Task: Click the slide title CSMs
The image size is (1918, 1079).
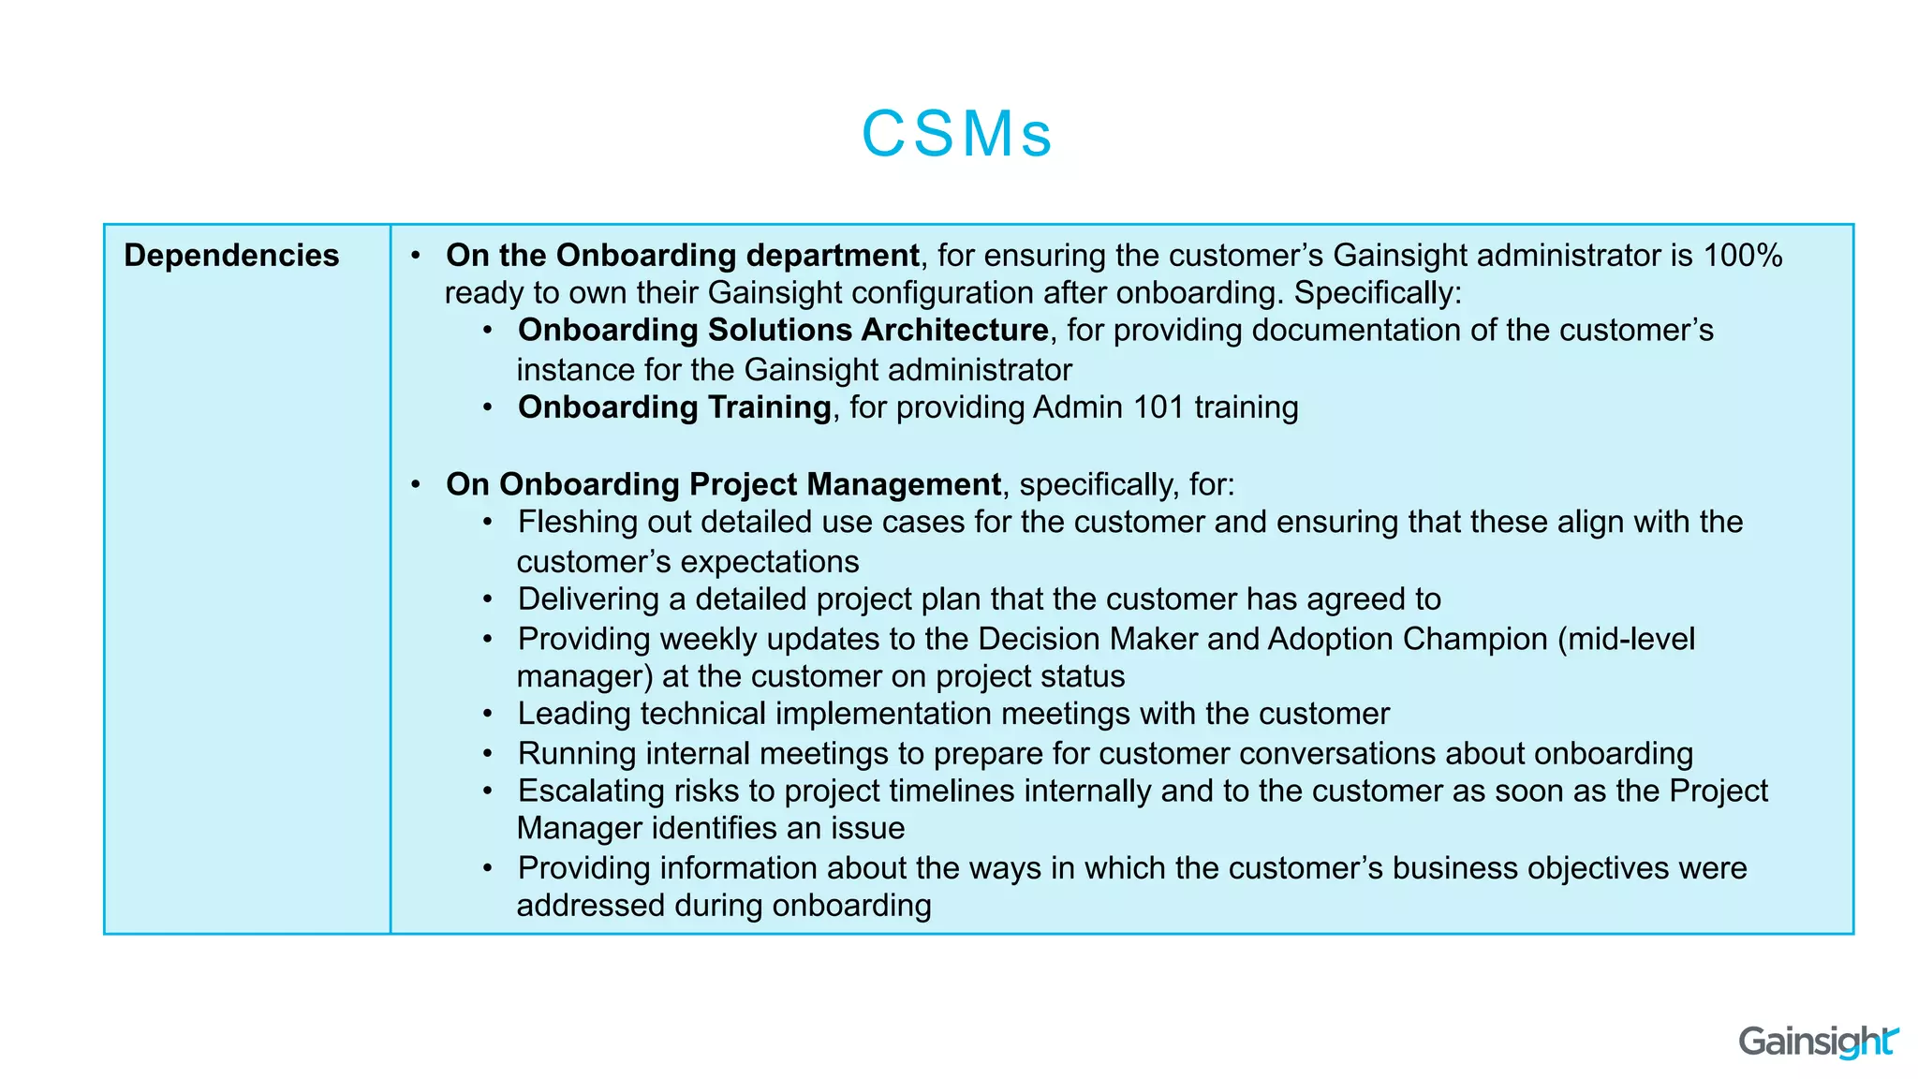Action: [x=957, y=134]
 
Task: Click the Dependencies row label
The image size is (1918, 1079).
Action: [x=231, y=256]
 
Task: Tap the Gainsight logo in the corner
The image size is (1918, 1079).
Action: [x=1818, y=1042]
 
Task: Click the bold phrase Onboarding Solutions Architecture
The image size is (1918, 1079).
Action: [x=783, y=331]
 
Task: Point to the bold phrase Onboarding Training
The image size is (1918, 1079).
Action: [x=674, y=407]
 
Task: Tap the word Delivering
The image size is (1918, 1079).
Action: [x=588, y=599]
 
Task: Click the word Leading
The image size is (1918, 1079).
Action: [x=574, y=714]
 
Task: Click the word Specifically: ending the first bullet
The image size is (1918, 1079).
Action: [x=1378, y=293]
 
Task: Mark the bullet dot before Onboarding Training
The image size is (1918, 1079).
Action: [x=488, y=407]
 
